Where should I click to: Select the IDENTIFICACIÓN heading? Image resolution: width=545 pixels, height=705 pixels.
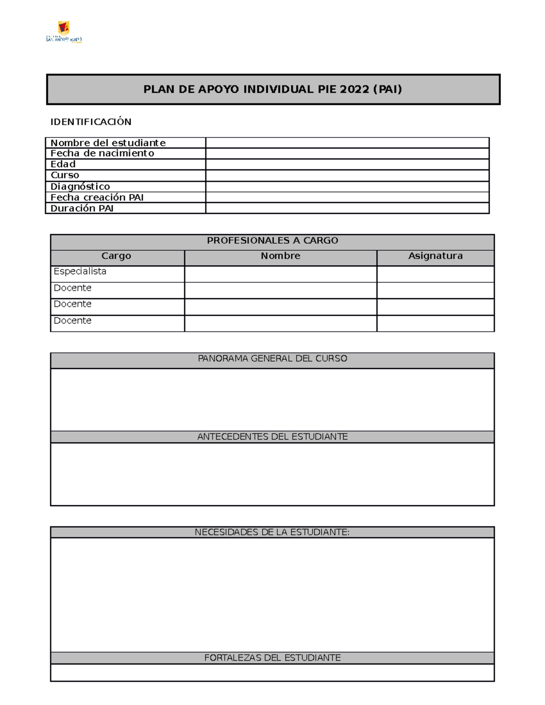point(91,122)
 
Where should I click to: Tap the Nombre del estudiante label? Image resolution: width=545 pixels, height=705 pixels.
point(108,143)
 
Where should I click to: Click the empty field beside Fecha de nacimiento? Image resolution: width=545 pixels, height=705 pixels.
point(347,153)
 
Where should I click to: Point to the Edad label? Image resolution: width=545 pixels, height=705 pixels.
point(63,164)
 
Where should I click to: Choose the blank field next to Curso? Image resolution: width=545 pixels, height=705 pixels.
point(347,175)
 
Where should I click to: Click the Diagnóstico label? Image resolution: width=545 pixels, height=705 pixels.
point(80,186)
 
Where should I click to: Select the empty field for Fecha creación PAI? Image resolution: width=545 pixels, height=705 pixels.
point(347,197)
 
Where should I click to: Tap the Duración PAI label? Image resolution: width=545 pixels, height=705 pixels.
point(82,208)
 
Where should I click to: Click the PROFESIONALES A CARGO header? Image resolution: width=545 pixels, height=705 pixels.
point(272,241)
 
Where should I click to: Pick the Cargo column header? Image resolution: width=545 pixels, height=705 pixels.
point(116,256)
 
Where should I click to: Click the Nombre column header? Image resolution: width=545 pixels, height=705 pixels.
point(280,256)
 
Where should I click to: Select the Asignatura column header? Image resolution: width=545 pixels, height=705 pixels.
point(435,256)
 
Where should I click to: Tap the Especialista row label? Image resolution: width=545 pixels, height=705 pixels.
point(80,271)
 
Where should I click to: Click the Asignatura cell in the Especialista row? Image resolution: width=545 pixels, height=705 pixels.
point(435,274)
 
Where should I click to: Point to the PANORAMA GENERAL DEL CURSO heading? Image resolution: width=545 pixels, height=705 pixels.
point(272,359)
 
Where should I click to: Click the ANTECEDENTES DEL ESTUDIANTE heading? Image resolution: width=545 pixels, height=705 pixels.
point(272,437)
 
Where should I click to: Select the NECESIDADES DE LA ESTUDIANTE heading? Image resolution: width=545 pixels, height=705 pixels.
point(272,532)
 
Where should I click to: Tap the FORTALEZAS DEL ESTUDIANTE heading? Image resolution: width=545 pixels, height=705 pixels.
point(272,658)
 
